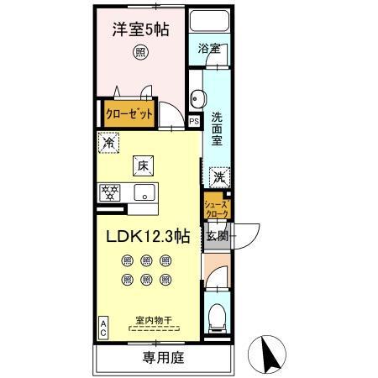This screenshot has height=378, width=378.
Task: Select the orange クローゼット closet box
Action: [128, 113]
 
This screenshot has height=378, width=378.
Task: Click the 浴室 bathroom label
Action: [209, 49]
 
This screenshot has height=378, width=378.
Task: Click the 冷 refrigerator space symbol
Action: [108, 144]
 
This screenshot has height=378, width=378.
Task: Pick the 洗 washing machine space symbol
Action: [218, 177]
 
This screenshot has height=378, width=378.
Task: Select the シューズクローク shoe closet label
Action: [216, 209]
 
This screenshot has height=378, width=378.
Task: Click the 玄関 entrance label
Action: [216, 236]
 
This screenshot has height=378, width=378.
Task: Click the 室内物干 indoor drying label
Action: [153, 319]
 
